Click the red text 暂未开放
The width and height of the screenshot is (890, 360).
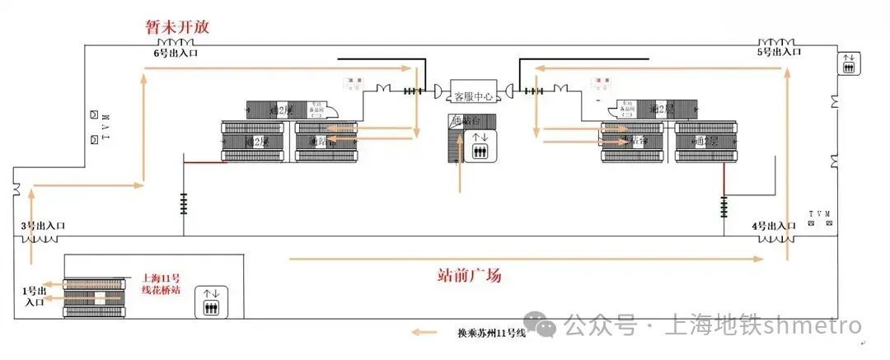(177, 26)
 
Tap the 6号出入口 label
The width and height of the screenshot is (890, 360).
(176, 54)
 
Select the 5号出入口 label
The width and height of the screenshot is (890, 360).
(779, 52)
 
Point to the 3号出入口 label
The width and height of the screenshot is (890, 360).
(43, 226)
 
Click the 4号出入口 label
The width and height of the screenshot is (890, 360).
(773, 226)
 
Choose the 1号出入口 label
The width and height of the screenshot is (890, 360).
(35, 296)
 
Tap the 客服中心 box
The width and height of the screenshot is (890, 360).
(473, 96)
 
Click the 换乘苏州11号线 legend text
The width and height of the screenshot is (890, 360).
(491, 334)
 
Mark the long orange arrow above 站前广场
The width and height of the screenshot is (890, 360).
(527, 259)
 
